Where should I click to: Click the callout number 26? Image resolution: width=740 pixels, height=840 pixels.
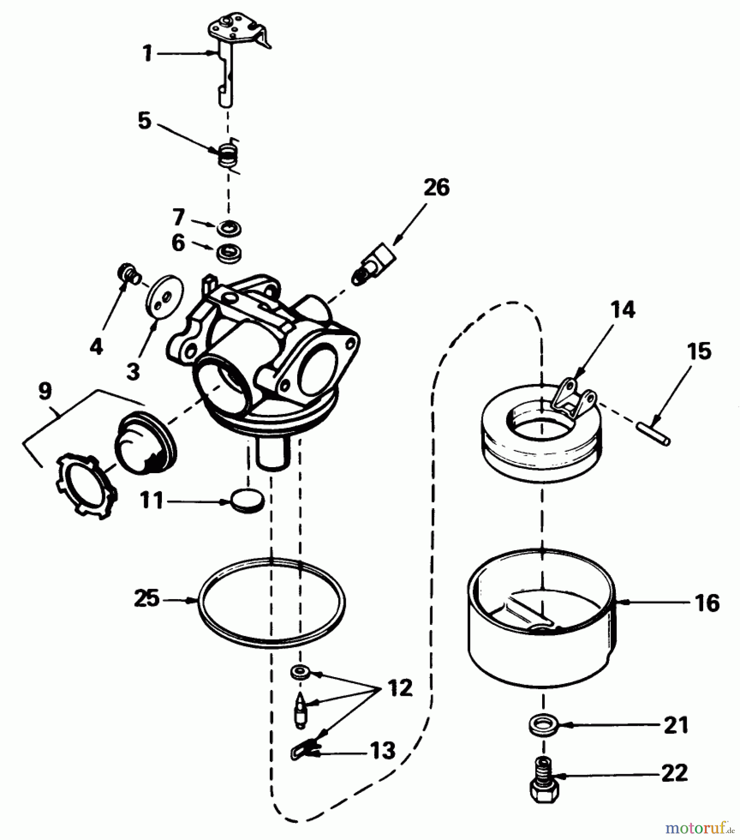[x=436, y=188]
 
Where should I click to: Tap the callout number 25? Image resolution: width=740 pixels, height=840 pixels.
[x=147, y=599]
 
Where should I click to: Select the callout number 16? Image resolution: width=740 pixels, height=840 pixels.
[x=707, y=603]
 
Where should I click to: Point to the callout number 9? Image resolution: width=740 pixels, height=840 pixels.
[x=45, y=392]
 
